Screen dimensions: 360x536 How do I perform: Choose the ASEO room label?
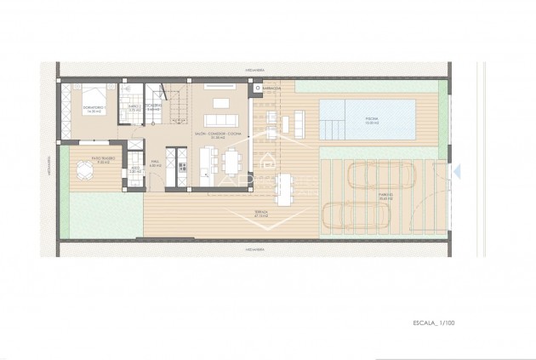click(134, 169)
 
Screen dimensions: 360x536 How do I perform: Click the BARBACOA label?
click(272, 88)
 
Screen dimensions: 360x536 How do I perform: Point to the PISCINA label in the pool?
click(368, 120)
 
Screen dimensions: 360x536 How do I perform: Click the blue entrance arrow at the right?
click(457, 171)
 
